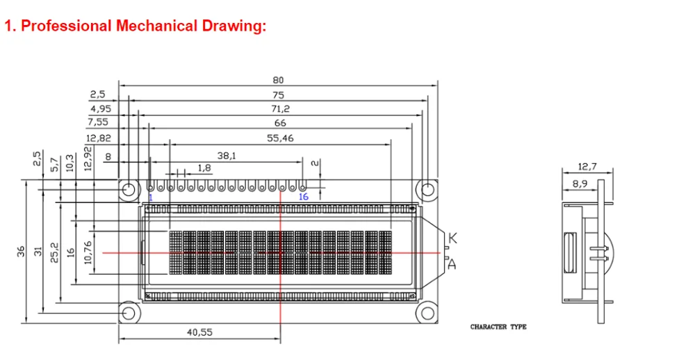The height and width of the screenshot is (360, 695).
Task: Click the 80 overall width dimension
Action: [x=278, y=80]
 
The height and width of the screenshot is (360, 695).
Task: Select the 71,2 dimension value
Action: [x=280, y=108]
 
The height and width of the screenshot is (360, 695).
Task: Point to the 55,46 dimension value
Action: [x=280, y=138]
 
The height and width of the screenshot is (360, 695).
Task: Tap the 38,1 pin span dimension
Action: [x=227, y=156]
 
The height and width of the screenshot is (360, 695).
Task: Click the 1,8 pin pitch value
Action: [x=204, y=168]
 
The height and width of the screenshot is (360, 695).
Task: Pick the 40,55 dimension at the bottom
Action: [x=199, y=332]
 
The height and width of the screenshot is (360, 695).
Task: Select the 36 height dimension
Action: [x=21, y=252]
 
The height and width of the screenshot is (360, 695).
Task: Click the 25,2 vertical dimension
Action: [x=54, y=252]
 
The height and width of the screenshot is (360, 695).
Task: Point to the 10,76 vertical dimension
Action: [x=88, y=252]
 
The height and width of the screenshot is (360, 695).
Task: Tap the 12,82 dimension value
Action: [x=99, y=138]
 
